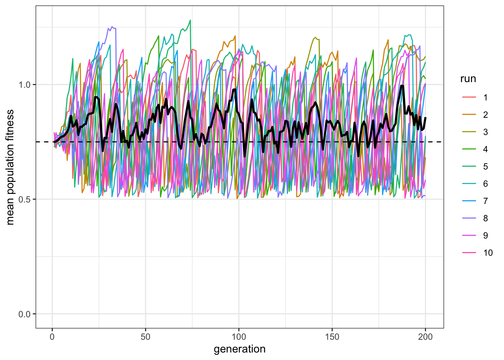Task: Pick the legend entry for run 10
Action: [478, 253]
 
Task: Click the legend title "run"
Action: [468, 79]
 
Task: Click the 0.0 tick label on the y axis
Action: [25, 314]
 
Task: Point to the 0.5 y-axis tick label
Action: [25, 199]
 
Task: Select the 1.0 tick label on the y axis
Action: [25, 85]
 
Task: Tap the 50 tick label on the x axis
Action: [145, 337]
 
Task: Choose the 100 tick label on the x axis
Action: [239, 337]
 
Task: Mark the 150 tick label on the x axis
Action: [332, 337]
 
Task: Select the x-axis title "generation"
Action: [240, 349]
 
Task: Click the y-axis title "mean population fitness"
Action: [10, 167]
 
